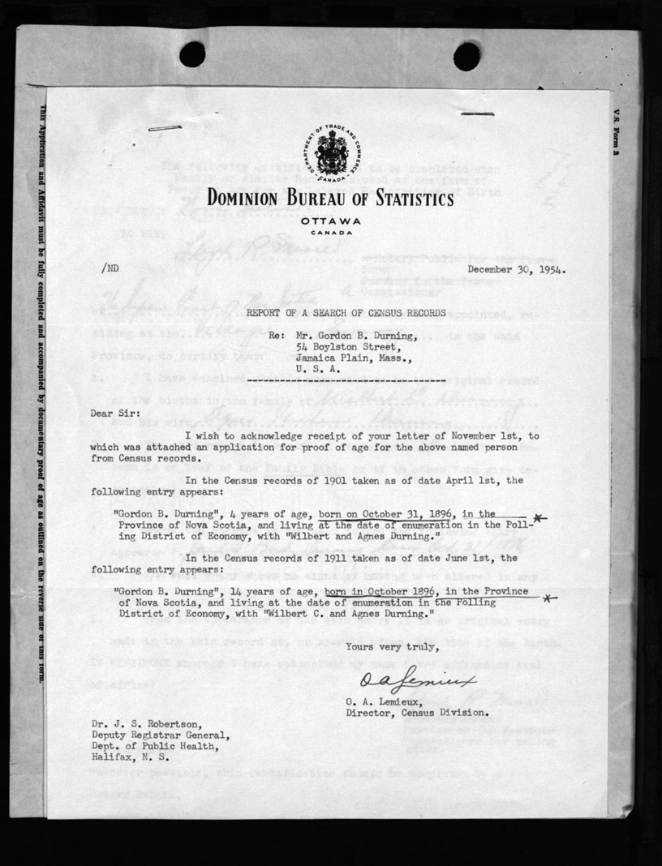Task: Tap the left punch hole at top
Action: click(x=192, y=54)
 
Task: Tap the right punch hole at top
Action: click(x=466, y=56)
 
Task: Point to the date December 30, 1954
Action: click(x=516, y=271)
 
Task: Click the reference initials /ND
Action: click(x=113, y=267)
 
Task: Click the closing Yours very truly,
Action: click(x=393, y=646)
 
